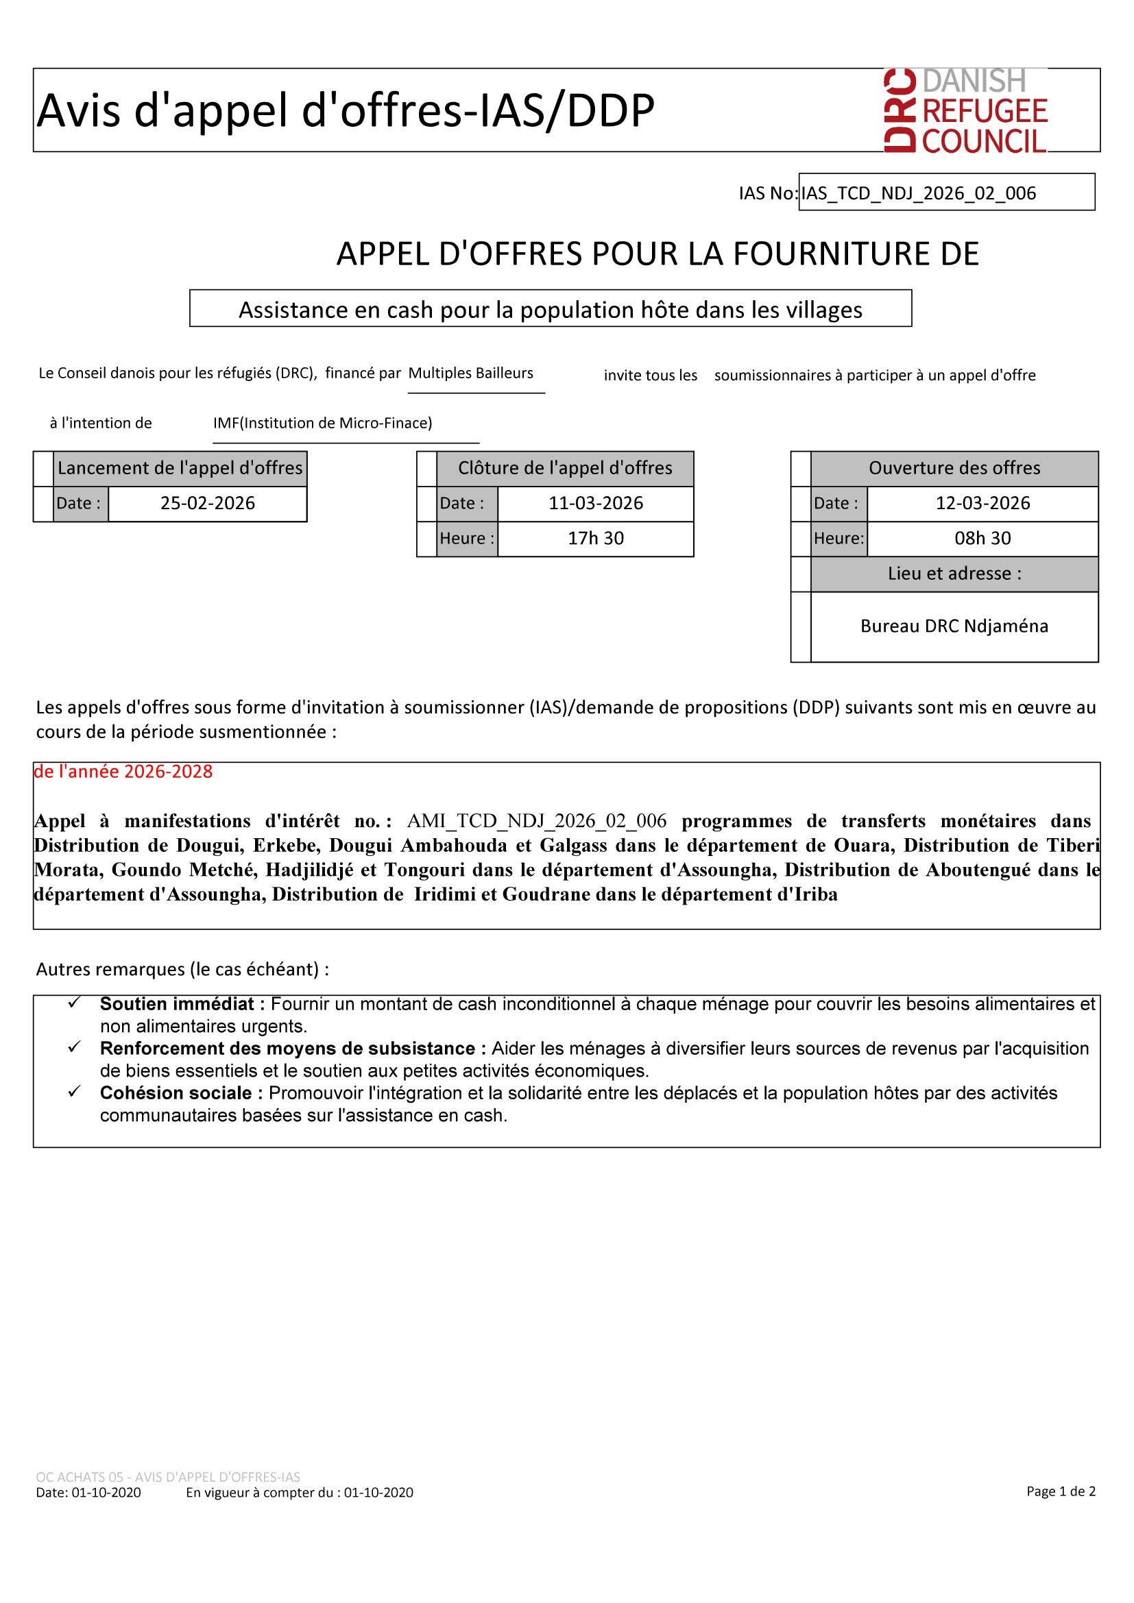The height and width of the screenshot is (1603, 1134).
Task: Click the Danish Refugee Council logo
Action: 966,110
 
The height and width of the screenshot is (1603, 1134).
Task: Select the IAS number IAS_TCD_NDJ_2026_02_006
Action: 918,193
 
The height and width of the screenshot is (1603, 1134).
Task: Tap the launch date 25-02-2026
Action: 207,504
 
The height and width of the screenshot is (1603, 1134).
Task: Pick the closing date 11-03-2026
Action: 596,504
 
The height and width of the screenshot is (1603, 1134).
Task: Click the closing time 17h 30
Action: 596,538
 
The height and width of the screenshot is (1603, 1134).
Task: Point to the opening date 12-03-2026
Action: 982,504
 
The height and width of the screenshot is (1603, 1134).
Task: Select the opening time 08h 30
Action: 982,538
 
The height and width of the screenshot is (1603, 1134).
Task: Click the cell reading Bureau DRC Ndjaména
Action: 954,626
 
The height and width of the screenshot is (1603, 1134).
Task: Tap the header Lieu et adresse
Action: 954,574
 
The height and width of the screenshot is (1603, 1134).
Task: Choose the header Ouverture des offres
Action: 954,469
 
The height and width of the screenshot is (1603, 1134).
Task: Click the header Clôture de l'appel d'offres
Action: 565,469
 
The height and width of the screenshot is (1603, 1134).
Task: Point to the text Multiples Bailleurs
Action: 470,373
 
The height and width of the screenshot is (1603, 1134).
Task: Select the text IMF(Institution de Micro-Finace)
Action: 323,423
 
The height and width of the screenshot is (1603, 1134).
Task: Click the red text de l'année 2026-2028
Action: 123,772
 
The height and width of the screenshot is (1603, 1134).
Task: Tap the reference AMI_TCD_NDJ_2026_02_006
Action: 536,820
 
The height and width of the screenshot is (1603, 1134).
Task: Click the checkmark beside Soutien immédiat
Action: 74,1003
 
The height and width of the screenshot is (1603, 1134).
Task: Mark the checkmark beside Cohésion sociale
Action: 74,1091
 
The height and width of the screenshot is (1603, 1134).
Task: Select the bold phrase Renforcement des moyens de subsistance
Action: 288,1048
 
